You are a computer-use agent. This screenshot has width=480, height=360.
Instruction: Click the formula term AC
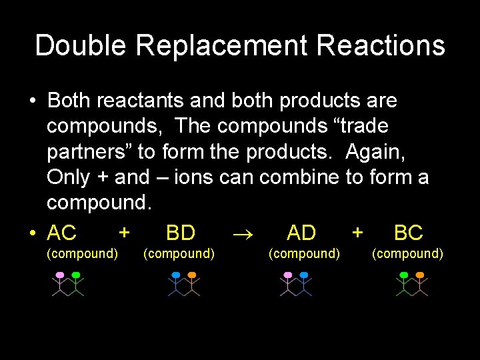point(62,233)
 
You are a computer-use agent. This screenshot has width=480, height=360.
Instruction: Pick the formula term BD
point(180,233)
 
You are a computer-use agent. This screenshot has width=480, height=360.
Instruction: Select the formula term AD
point(301,233)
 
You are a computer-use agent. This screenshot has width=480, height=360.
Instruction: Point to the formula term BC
point(408,233)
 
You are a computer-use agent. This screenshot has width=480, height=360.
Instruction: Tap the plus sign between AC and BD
point(123,232)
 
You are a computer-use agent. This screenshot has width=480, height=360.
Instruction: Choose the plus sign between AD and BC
point(357,232)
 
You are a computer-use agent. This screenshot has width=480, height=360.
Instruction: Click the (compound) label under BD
point(179,253)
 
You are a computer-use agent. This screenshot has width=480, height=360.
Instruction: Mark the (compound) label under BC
point(407,253)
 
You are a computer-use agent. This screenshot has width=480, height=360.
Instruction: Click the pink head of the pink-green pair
point(60,275)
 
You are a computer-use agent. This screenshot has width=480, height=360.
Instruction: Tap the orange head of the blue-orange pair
point(192,275)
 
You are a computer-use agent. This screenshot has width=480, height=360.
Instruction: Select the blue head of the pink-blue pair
point(304,275)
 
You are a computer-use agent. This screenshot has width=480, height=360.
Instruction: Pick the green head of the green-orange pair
point(403,275)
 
